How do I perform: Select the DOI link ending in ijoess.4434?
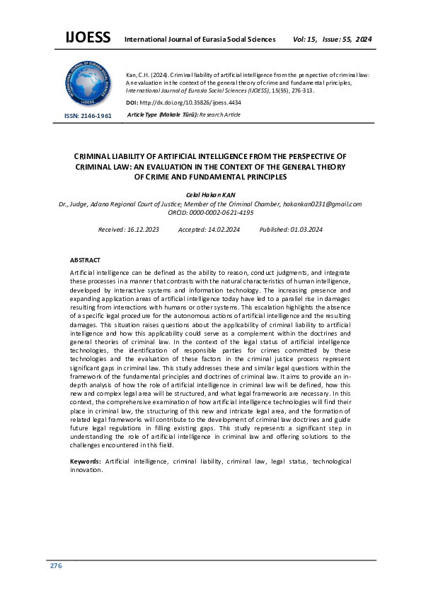point(191,102)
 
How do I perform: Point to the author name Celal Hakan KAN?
point(211,194)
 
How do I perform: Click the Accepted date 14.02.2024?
point(217,230)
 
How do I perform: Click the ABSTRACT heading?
point(85,260)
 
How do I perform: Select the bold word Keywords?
point(85,461)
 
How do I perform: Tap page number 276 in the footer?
point(56,567)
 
